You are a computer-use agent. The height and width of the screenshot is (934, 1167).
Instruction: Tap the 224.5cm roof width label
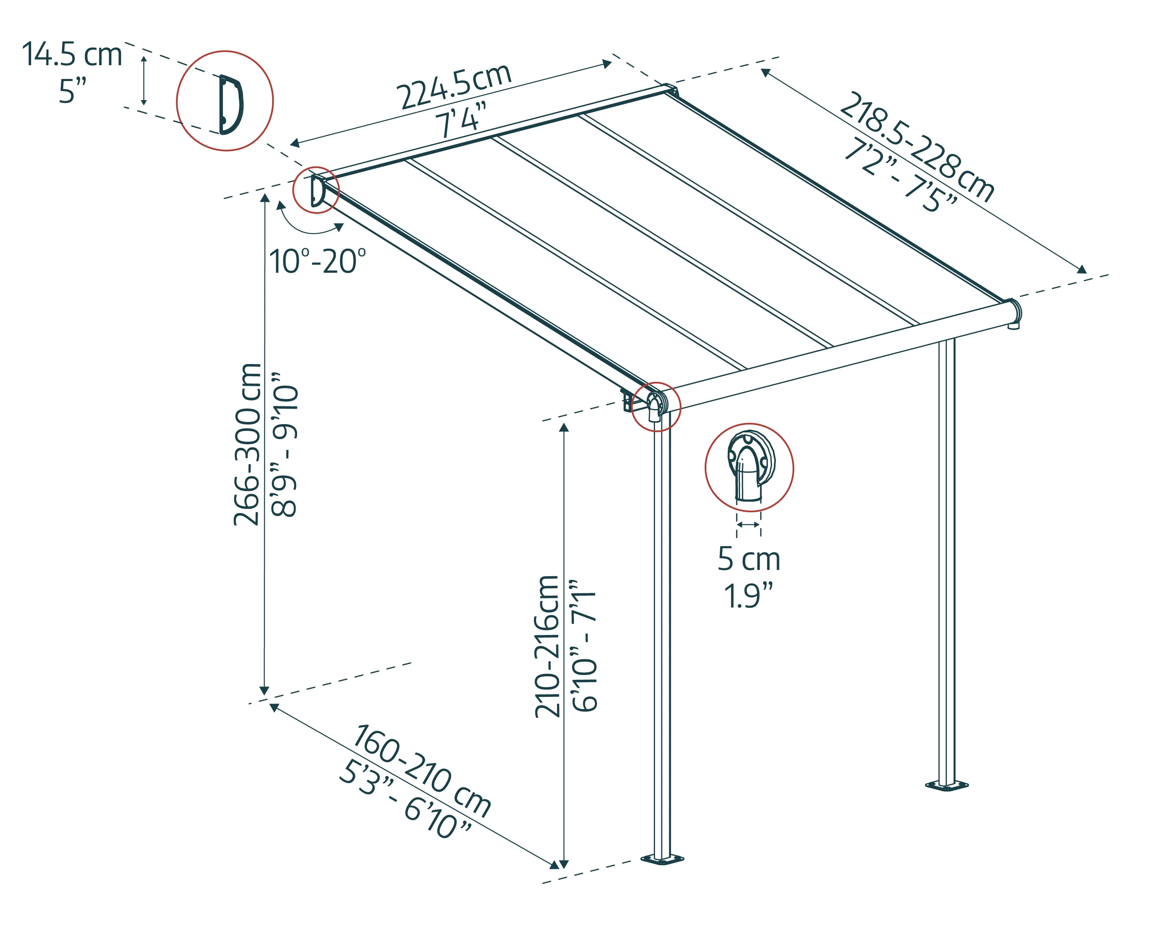pyautogui.click(x=454, y=87)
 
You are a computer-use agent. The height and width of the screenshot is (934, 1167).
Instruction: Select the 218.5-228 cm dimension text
pyautogui.click(x=917, y=146)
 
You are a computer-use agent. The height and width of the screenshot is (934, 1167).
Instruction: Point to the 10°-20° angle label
pyautogui.click(x=317, y=262)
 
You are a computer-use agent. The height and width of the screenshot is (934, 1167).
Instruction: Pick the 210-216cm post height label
pyautogui.click(x=547, y=647)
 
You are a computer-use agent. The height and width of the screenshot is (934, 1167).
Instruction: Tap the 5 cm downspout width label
pyautogui.click(x=749, y=559)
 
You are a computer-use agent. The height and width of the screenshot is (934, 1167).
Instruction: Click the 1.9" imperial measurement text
pyautogui.click(x=749, y=596)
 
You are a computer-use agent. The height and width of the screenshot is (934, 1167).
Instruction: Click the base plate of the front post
pyautogui.click(x=661, y=859)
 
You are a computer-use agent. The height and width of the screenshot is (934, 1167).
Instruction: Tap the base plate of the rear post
pyautogui.click(x=946, y=785)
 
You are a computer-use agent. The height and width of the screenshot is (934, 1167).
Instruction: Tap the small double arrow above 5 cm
pyautogui.click(x=748, y=525)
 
